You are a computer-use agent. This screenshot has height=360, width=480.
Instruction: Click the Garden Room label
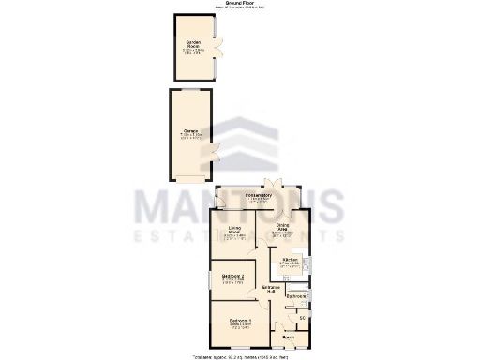(x=194, y=44)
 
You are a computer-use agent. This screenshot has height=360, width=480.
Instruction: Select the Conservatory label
(x=259, y=195)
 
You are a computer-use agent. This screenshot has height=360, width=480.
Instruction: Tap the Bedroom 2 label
(x=234, y=276)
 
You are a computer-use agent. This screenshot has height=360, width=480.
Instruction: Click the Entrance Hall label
(x=274, y=289)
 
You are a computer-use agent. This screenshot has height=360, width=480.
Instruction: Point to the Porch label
(x=288, y=337)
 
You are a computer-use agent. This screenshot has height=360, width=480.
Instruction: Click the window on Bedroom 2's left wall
(x=210, y=277)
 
